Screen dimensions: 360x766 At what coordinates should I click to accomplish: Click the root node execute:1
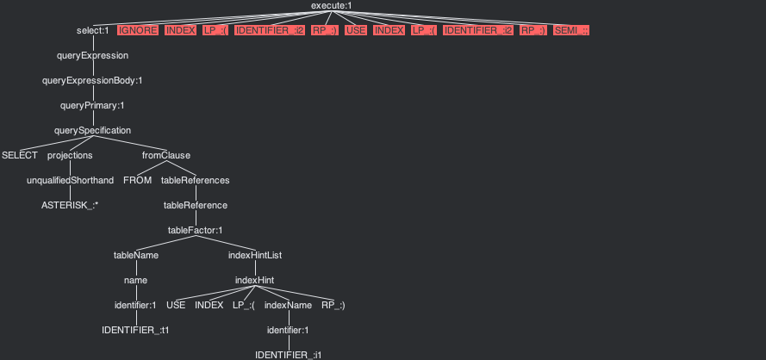click(x=331, y=6)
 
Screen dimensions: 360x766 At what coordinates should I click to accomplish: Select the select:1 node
click(x=92, y=31)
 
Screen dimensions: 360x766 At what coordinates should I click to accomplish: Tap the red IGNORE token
click(x=138, y=31)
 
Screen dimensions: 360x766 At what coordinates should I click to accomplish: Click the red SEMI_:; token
click(x=571, y=31)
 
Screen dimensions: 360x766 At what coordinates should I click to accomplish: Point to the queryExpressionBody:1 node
click(x=92, y=81)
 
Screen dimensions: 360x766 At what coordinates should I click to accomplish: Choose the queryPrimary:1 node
click(x=92, y=106)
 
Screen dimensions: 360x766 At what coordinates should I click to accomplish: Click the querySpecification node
click(x=92, y=131)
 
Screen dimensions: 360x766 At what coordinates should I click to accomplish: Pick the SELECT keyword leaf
click(x=20, y=156)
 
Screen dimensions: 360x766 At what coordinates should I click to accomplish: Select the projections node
click(x=70, y=156)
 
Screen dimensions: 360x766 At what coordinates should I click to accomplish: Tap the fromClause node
click(x=166, y=156)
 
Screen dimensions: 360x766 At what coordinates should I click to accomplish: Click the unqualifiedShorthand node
click(x=70, y=181)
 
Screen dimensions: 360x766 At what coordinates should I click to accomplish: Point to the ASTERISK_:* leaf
click(x=70, y=206)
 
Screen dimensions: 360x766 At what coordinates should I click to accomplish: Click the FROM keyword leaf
click(x=138, y=181)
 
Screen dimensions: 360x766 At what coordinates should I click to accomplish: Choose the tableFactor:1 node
click(x=196, y=231)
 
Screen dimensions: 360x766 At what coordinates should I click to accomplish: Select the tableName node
click(x=136, y=256)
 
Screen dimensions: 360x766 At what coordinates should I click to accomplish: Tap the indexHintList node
click(x=256, y=256)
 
